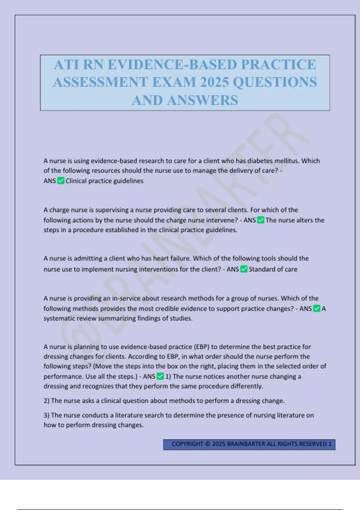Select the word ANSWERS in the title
[x=202, y=100]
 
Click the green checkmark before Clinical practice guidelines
[x=61, y=181]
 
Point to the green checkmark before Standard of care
[x=244, y=269]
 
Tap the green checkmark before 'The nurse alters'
[x=261, y=220]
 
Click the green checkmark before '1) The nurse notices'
[x=160, y=376]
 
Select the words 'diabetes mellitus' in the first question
[x=273, y=161]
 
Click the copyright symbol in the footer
[x=208, y=444]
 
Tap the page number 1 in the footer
[x=330, y=444]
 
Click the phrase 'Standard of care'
[x=273, y=269]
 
